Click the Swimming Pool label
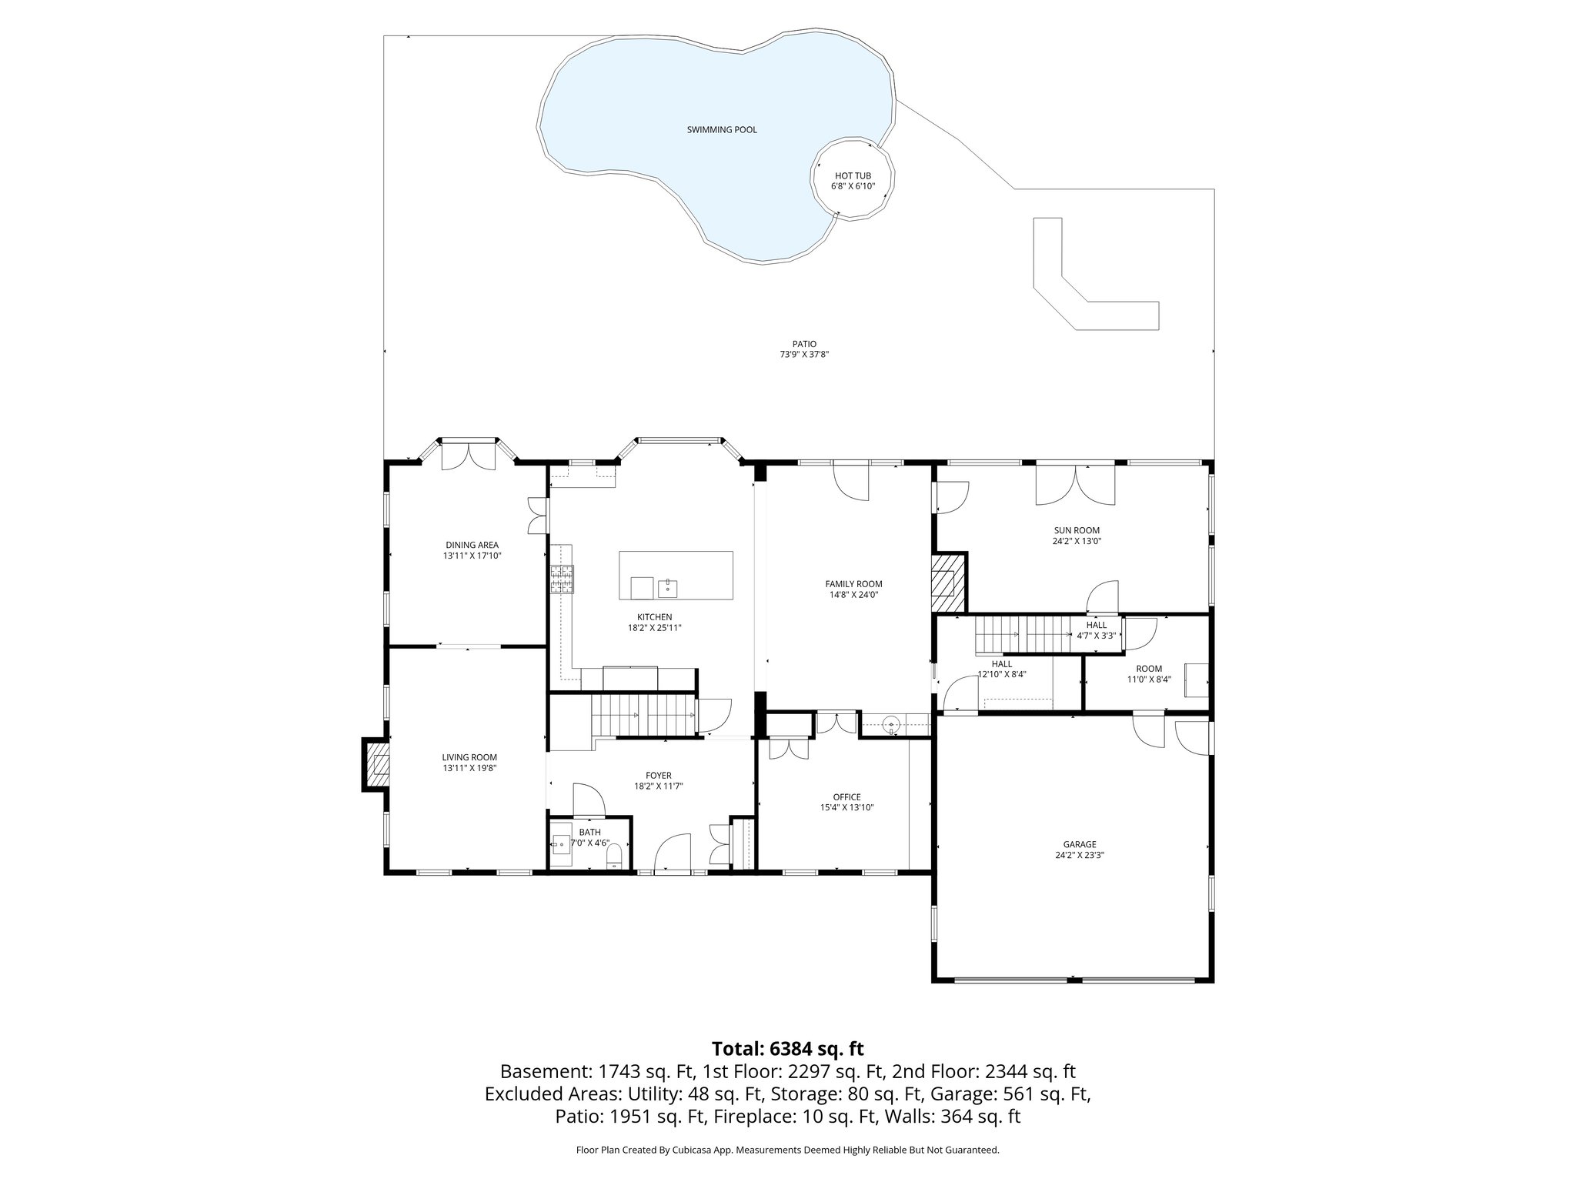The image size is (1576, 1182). click(722, 130)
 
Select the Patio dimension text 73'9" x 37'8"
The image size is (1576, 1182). click(803, 355)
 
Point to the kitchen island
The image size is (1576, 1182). click(676, 576)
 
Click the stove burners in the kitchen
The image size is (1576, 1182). click(562, 579)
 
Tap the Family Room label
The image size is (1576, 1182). click(853, 584)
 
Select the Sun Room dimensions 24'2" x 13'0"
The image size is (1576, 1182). click(1077, 541)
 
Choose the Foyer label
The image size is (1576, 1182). click(659, 776)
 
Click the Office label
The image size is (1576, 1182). click(846, 797)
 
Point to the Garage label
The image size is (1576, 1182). click(1080, 844)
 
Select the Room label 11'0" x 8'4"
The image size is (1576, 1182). click(1149, 674)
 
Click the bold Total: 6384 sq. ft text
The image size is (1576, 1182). click(788, 1049)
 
